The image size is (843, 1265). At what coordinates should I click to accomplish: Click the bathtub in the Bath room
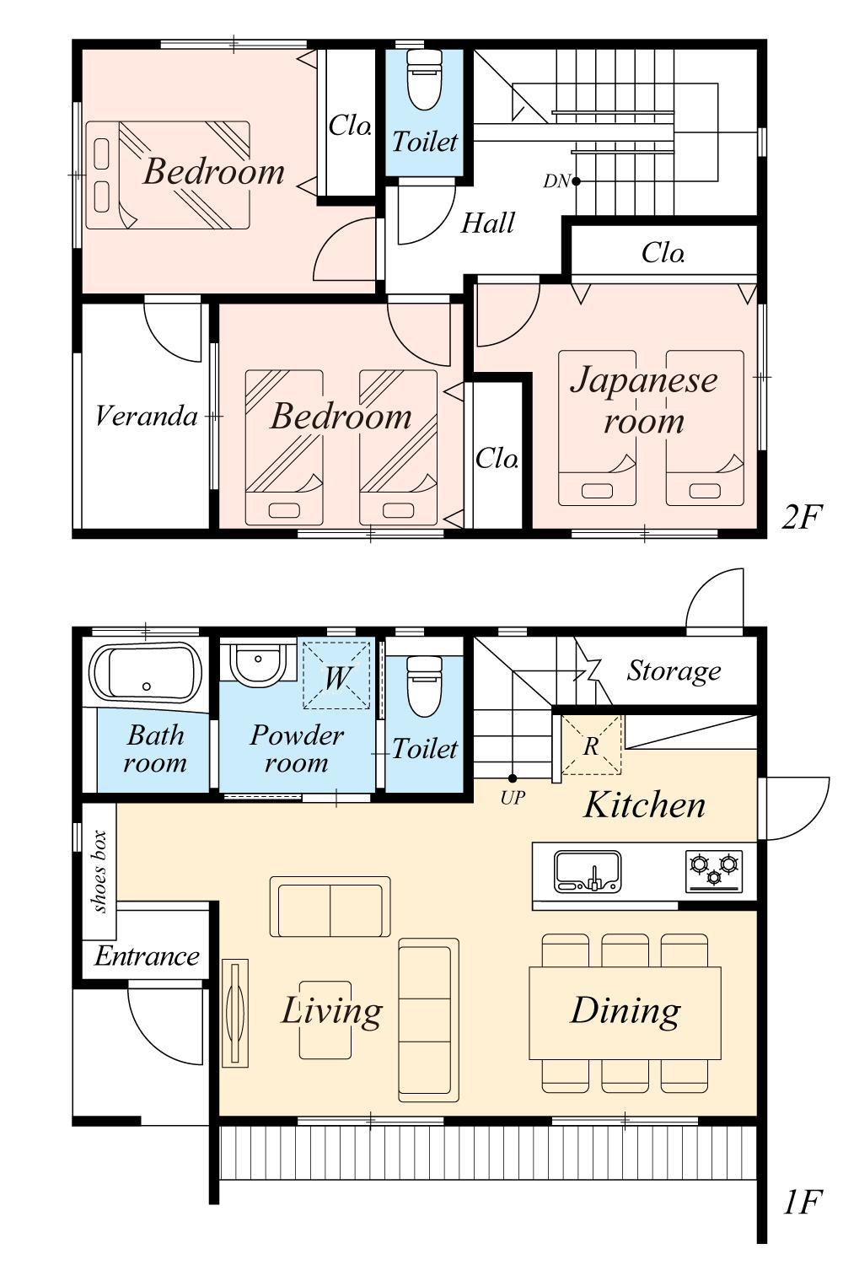click(146, 673)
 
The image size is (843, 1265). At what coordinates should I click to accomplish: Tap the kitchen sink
click(588, 871)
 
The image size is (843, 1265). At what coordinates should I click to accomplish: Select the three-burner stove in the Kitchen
click(714, 871)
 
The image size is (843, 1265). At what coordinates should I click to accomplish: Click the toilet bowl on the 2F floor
click(424, 79)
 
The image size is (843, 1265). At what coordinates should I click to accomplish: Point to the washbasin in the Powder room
click(258, 665)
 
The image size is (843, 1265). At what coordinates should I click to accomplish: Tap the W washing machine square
click(336, 675)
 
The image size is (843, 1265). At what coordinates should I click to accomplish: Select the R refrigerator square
click(591, 745)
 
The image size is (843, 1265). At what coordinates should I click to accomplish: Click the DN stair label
click(556, 181)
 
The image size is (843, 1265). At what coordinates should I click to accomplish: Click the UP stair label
click(513, 798)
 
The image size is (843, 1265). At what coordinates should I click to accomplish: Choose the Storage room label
click(674, 671)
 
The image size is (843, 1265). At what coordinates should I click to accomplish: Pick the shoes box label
click(100, 871)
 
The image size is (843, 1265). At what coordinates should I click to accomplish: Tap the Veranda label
click(146, 417)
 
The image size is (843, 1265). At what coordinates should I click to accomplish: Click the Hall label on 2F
click(488, 223)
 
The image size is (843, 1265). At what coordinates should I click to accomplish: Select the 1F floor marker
click(801, 1202)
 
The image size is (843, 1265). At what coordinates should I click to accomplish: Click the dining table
click(625, 1013)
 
